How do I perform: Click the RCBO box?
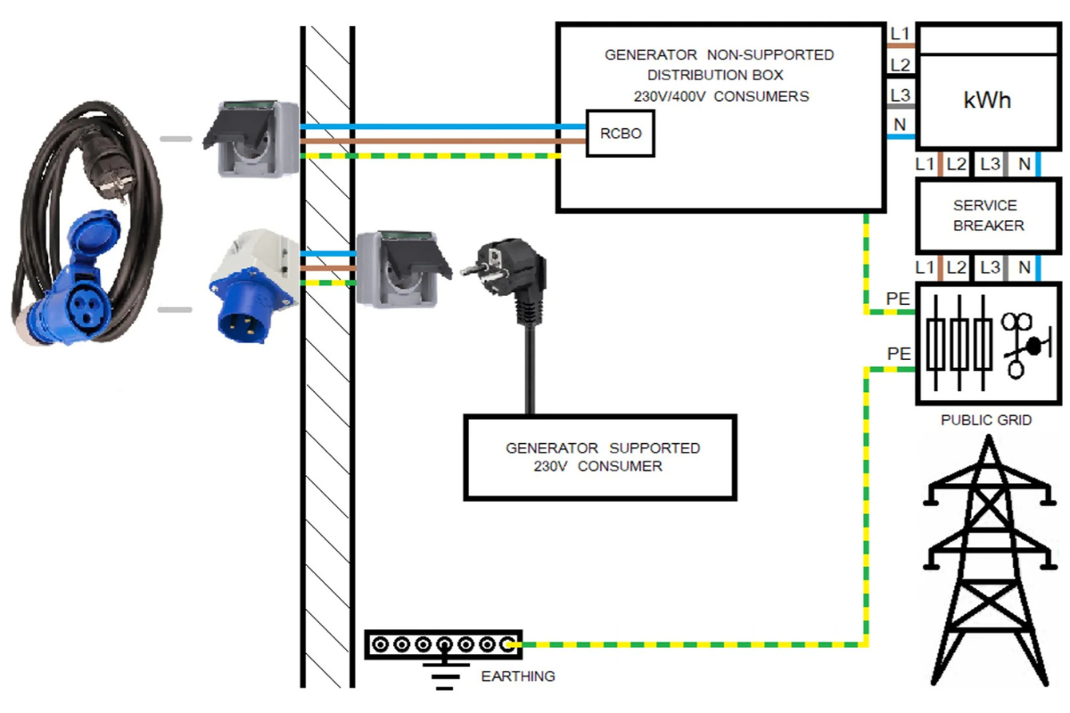coord(620,134)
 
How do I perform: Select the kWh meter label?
coord(987,100)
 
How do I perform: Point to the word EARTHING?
coord(517,676)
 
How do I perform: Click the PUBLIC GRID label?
coord(986,420)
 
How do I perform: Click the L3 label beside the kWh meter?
coord(901,94)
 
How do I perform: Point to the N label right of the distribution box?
coord(901,125)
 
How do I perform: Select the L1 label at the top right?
coord(901,34)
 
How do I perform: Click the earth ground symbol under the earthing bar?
coord(444,675)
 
